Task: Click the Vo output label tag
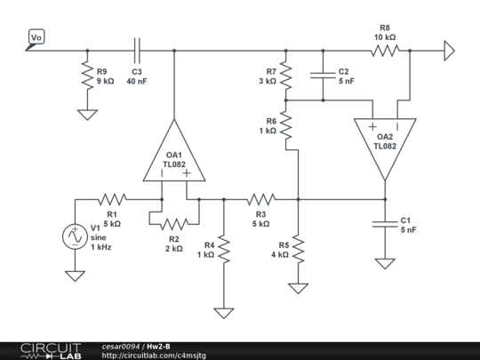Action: click(x=36, y=37)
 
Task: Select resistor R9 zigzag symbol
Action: click(x=87, y=76)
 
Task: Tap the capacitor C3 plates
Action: click(x=138, y=51)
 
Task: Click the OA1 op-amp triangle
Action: click(x=174, y=153)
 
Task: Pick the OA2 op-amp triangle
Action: click(x=385, y=146)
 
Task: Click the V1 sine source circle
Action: click(x=75, y=236)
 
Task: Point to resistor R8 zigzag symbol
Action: click(x=385, y=51)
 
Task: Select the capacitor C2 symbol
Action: click(x=323, y=76)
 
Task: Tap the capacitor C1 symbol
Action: click(x=385, y=224)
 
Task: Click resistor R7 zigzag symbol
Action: click(x=286, y=76)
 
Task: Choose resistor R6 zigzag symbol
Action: click(x=286, y=125)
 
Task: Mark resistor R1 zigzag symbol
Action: click(x=112, y=199)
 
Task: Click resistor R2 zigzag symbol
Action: click(x=174, y=224)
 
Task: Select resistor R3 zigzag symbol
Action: click(x=261, y=199)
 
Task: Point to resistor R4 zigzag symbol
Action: click(x=224, y=249)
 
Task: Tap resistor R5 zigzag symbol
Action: click(x=298, y=249)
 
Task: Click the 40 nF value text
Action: click(x=137, y=82)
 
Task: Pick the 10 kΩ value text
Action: click(x=385, y=37)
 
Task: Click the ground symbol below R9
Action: click(x=87, y=115)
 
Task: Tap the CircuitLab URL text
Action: click(x=154, y=356)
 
